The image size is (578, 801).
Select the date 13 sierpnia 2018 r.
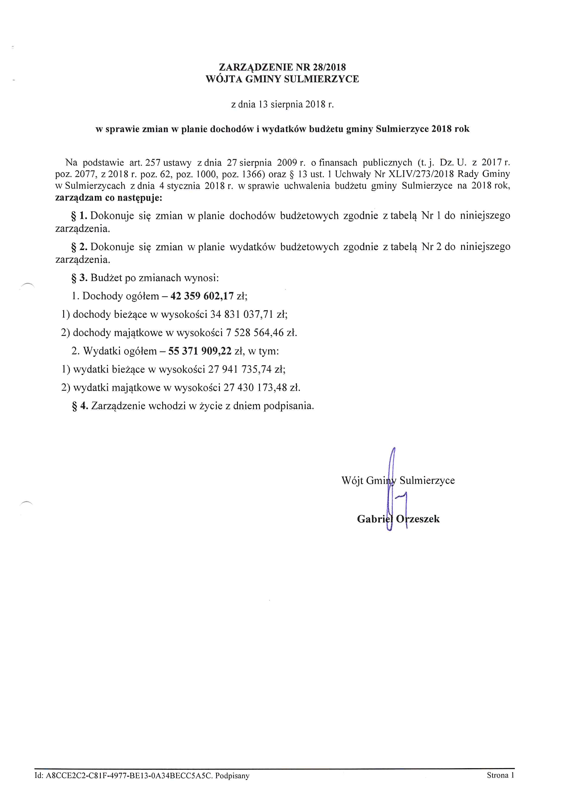click(296, 105)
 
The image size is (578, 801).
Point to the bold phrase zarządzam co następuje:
click(109, 198)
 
